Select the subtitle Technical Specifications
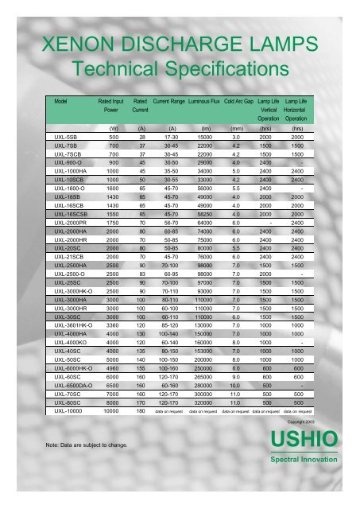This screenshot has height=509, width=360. pos(180,67)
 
